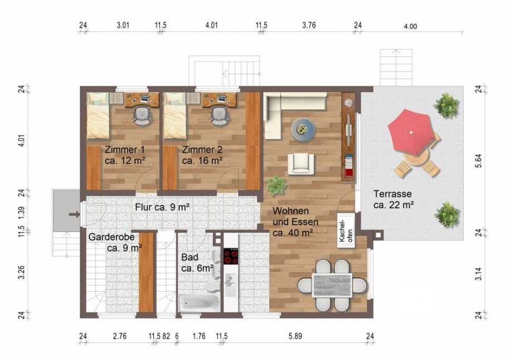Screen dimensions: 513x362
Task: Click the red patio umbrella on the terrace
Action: pos(412,132)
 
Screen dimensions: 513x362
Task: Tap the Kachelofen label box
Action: pos(346,231)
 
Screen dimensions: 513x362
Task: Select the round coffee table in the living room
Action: pos(303,130)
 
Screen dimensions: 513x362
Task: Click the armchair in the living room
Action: pos(301,164)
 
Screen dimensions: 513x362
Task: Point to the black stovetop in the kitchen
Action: pos(231,256)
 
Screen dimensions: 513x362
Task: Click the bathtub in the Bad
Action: pos(200,303)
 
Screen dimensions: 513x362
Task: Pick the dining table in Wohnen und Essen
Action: pos(332,285)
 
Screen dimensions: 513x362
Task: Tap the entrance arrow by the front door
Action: pos(75,215)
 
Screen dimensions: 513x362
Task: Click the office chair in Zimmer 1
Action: pos(143,116)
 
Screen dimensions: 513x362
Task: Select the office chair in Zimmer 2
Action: pos(220,116)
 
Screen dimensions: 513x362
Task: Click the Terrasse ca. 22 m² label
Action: pos(393,199)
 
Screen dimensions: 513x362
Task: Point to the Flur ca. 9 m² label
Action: pos(163,207)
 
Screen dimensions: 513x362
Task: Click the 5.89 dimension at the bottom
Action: pos(295,336)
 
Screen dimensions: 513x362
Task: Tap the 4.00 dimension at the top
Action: pos(410,27)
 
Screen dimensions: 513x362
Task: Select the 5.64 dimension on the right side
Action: pos(478,161)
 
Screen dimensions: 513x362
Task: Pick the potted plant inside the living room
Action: pos(277,185)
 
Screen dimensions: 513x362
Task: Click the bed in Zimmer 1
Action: pos(98,116)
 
